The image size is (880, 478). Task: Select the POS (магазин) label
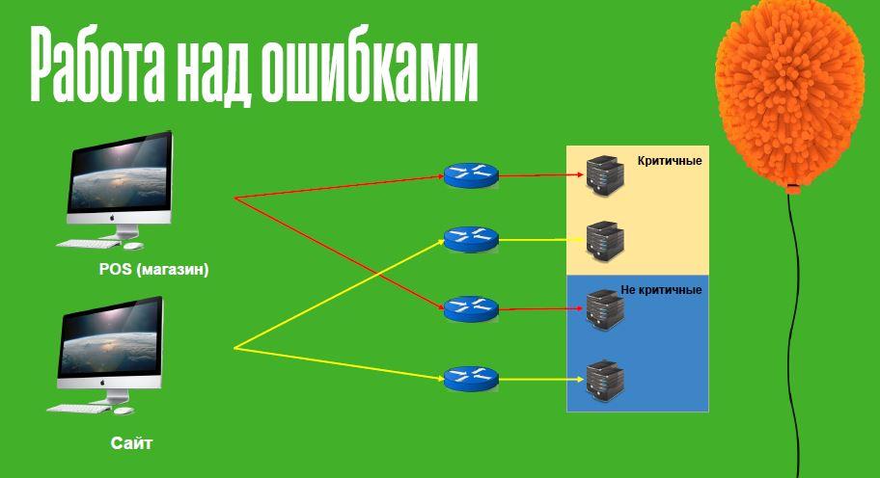tap(153, 269)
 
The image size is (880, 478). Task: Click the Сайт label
tap(132, 444)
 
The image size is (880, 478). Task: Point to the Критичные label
tap(670, 161)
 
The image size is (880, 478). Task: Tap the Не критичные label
tap(661, 289)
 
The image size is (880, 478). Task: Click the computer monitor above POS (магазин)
tap(122, 178)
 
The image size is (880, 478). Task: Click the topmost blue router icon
tap(471, 174)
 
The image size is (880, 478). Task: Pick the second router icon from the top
tap(471, 240)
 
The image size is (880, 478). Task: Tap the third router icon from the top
tap(471, 308)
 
